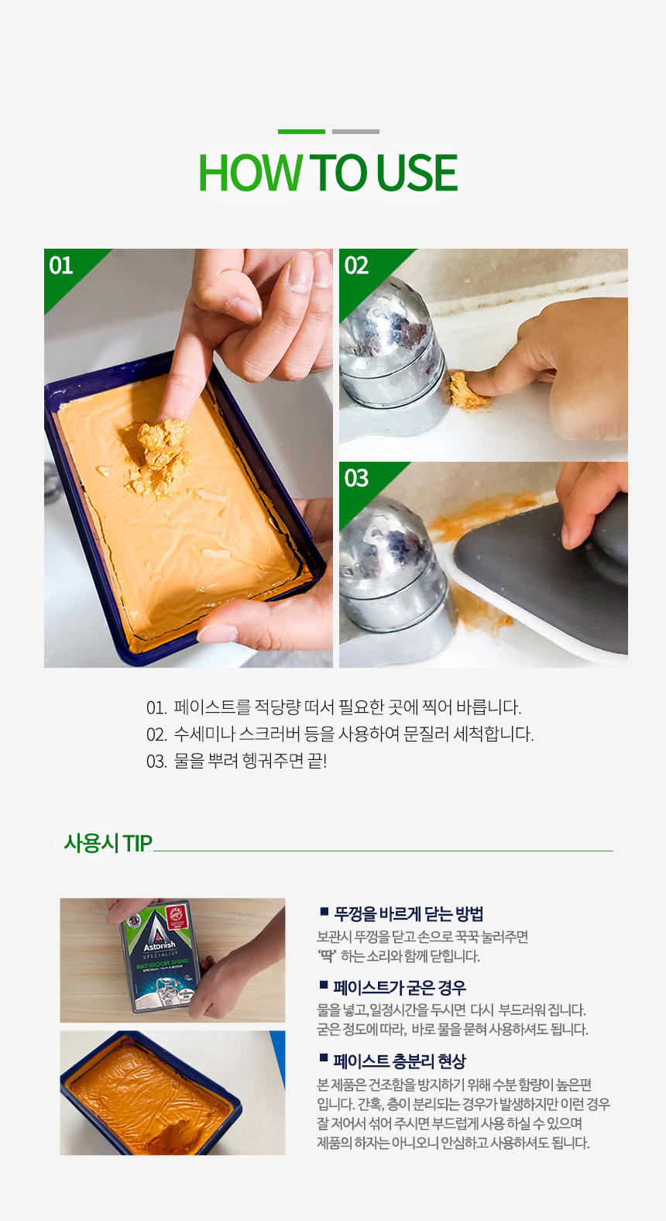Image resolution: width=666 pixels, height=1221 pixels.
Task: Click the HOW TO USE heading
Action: coord(328,173)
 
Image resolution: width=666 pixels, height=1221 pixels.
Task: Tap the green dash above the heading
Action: coord(301,132)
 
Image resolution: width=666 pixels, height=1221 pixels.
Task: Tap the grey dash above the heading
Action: coord(356,132)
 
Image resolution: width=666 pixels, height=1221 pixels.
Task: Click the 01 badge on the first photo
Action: coord(60,266)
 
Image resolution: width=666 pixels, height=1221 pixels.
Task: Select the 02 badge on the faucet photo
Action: coord(356,266)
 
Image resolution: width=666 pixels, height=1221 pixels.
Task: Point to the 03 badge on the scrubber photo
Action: coord(356,478)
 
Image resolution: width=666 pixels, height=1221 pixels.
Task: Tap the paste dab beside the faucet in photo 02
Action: coord(469,390)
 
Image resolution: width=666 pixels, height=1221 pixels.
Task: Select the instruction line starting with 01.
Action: coord(334,707)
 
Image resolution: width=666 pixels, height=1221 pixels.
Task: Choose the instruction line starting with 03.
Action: coord(236,761)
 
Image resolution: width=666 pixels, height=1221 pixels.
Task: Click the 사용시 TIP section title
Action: coord(108,843)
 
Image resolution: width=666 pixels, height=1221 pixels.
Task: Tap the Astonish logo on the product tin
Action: coord(159,945)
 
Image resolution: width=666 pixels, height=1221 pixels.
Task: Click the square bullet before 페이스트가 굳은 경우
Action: coord(324,985)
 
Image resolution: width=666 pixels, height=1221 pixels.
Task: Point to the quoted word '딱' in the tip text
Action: coord(327,955)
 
